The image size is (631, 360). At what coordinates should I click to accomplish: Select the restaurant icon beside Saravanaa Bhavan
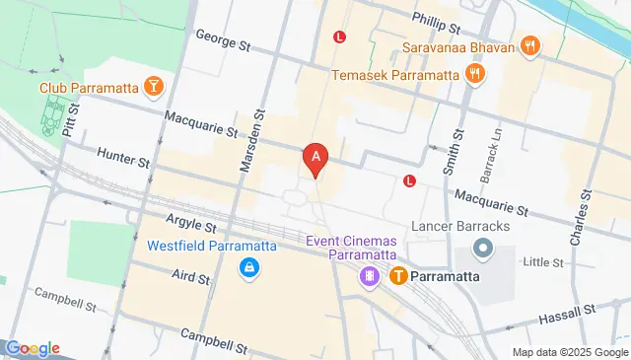[529, 45]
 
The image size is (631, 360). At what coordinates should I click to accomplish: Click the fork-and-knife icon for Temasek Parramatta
[475, 74]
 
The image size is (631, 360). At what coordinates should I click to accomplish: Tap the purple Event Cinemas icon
[370, 277]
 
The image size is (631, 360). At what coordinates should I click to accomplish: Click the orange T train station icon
[399, 276]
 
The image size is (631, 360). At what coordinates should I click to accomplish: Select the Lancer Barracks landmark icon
[483, 248]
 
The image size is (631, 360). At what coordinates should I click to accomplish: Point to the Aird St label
[191, 278]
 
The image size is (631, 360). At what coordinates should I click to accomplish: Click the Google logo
[33, 348]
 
